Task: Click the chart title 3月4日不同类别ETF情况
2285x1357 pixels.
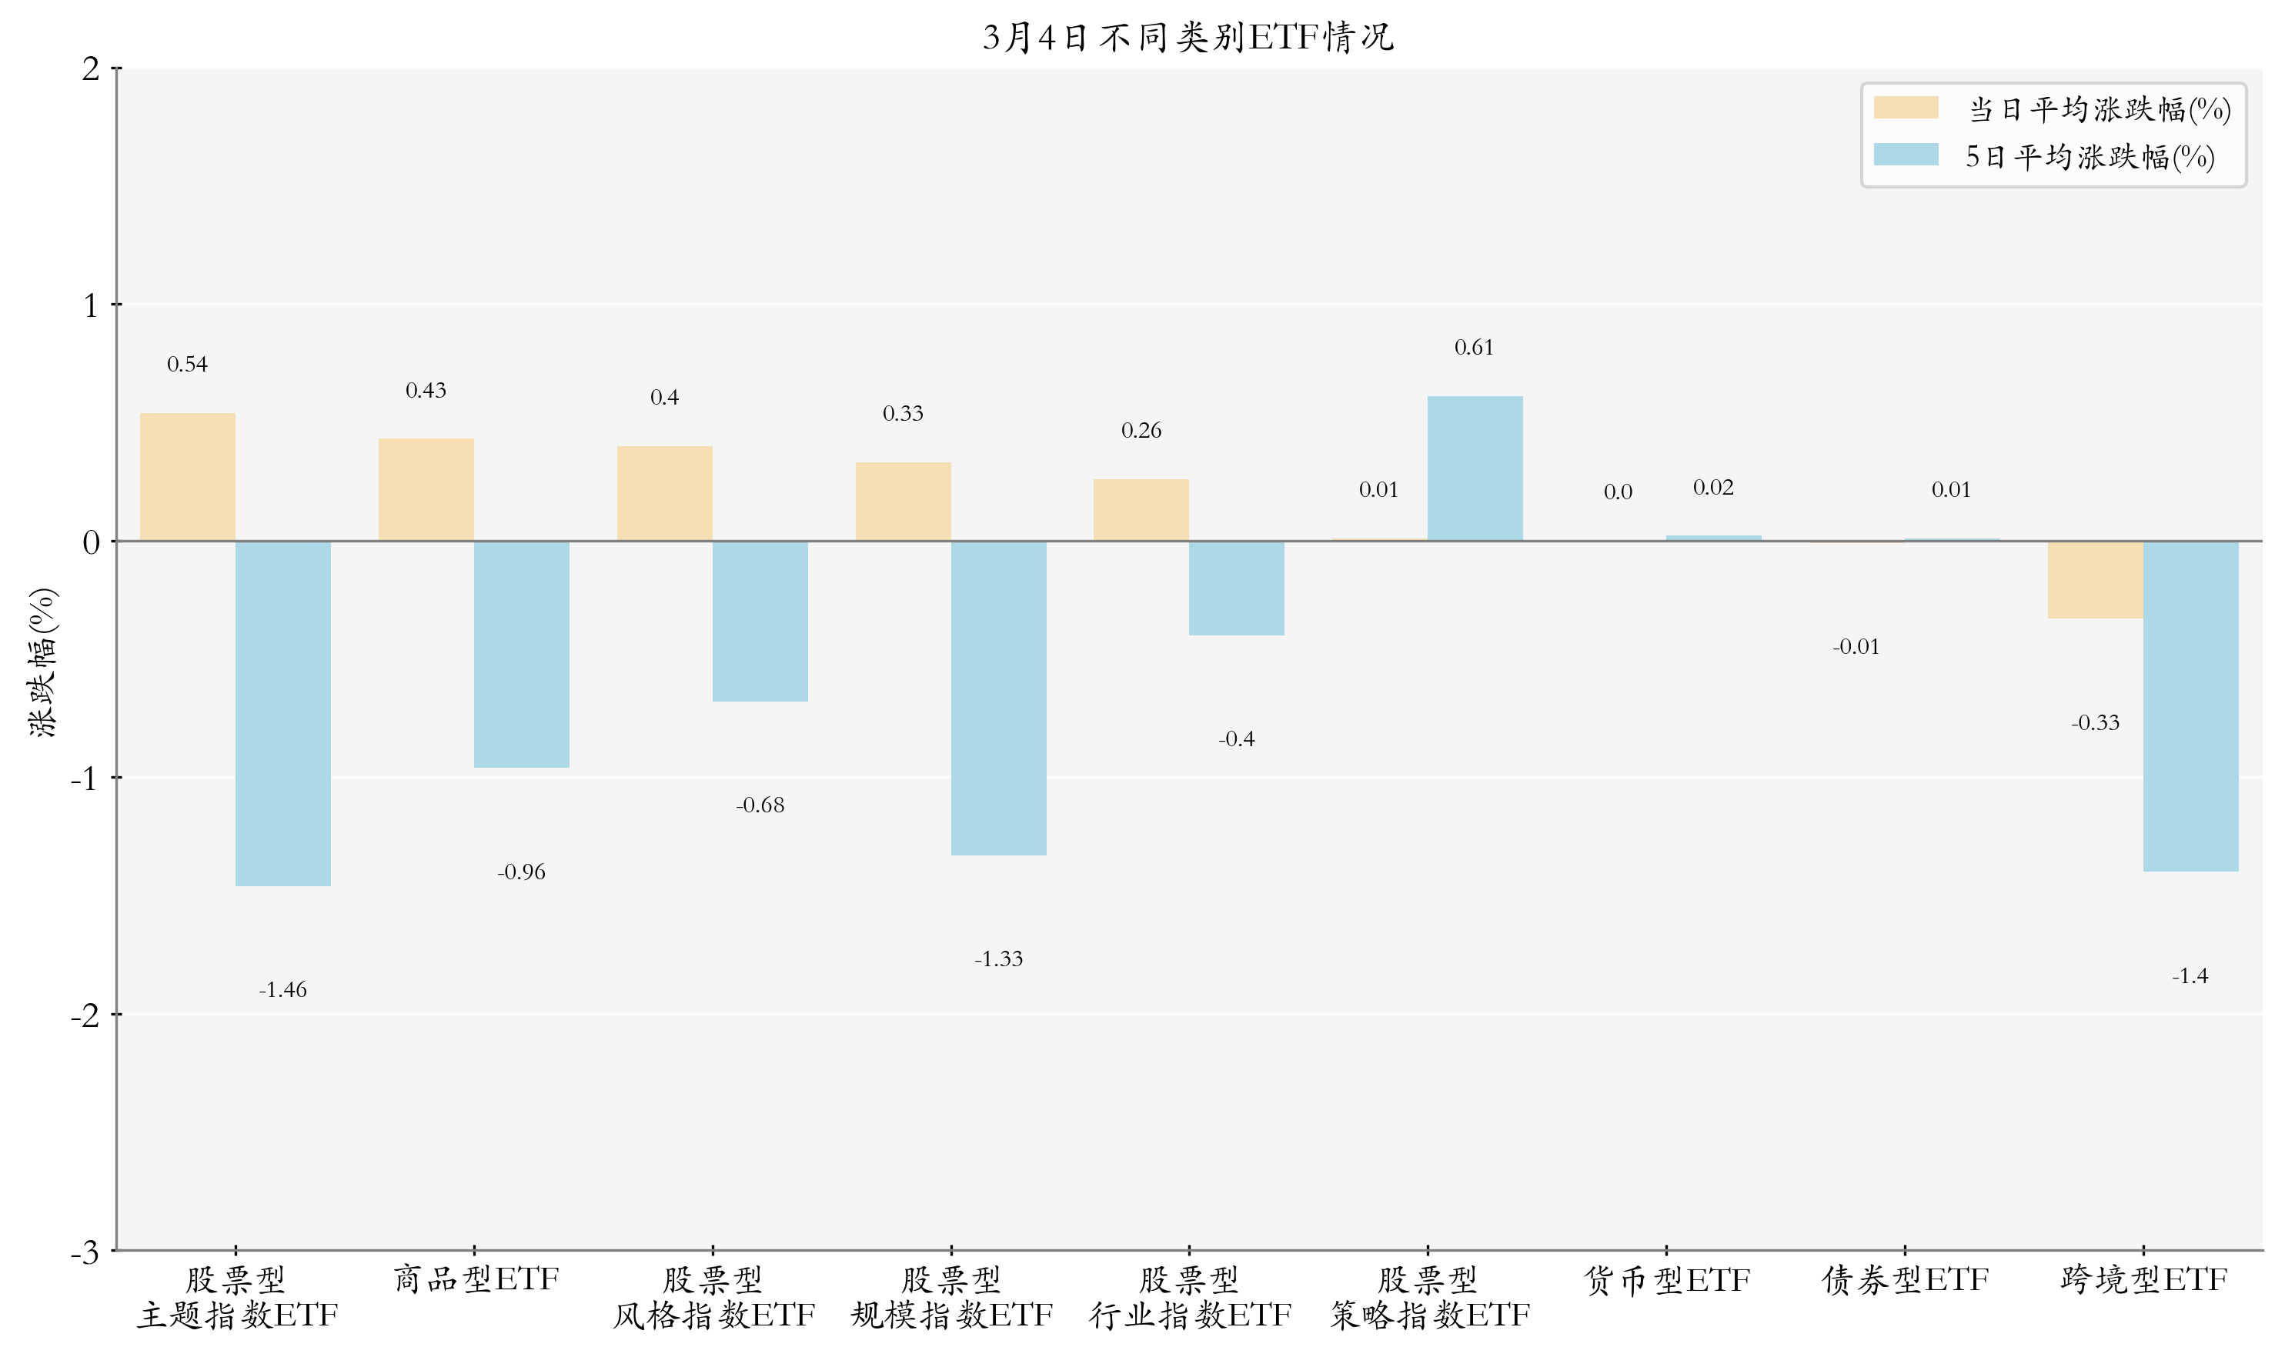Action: (1188, 38)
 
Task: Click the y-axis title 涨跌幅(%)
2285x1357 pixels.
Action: (42, 662)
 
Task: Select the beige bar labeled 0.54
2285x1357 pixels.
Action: (188, 476)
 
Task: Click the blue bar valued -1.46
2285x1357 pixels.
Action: (282, 713)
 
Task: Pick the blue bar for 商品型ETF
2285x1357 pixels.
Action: (521, 654)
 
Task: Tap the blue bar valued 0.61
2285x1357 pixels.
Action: (1475, 468)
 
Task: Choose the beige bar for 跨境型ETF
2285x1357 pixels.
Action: (2095, 580)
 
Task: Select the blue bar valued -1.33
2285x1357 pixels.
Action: (998, 698)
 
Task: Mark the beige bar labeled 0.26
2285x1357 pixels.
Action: (1141, 509)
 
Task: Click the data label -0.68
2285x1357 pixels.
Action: (760, 805)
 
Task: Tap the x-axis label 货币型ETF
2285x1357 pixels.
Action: (1667, 1280)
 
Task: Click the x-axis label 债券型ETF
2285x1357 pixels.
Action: (1905, 1280)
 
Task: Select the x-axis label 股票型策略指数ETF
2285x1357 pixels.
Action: (1428, 1298)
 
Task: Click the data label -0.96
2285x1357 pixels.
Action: (521, 872)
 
